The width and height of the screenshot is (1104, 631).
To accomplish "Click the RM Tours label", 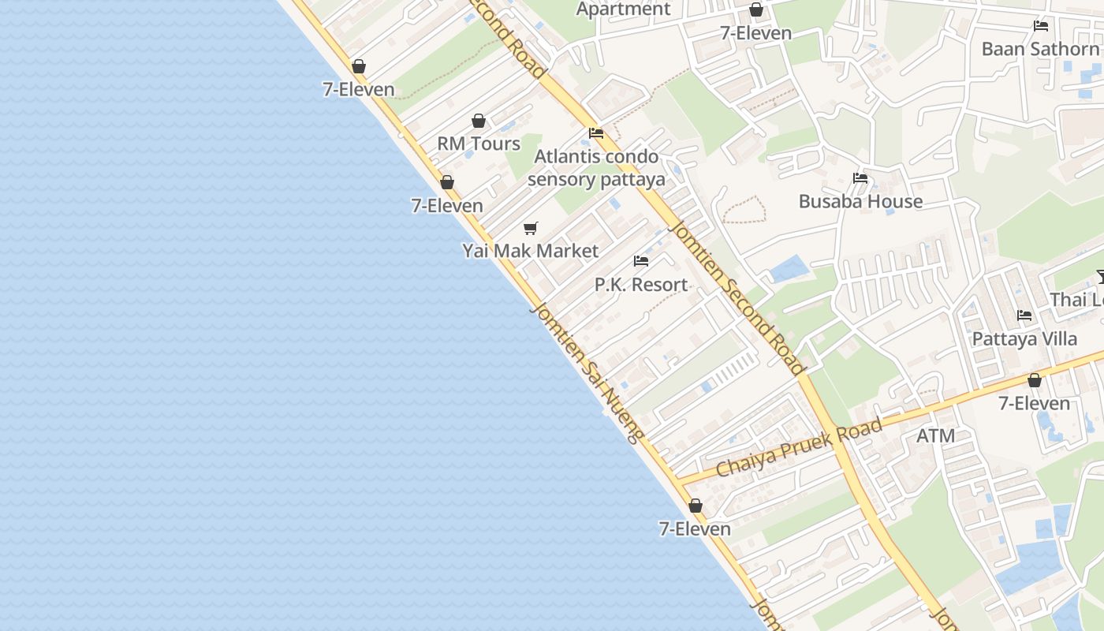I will (x=479, y=144).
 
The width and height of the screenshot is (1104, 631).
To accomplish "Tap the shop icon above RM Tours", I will (x=478, y=121).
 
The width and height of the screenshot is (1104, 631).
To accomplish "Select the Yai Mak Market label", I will (x=530, y=251).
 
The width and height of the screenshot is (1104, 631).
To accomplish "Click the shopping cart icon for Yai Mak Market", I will (x=531, y=228).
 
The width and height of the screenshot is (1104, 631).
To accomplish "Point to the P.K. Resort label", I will (x=640, y=284).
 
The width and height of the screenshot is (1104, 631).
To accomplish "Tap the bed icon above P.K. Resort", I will (x=641, y=261).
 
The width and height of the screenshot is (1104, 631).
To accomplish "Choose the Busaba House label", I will (x=860, y=201).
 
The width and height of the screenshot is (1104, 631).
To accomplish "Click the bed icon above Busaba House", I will (x=860, y=178).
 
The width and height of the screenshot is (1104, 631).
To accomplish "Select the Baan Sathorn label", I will (x=1039, y=49).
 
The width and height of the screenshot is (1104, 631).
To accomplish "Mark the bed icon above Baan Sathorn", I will (x=1041, y=26).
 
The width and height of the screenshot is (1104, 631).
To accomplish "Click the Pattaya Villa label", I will (x=1024, y=338).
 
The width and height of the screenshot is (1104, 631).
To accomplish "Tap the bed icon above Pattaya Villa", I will (x=1024, y=315).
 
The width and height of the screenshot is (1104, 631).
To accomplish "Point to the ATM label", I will (x=935, y=435).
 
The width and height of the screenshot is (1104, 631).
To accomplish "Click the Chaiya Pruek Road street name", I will (x=799, y=448).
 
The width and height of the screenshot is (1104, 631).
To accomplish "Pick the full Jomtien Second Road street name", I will (x=737, y=298).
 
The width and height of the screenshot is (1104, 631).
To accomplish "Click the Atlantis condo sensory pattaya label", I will (x=596, y=167).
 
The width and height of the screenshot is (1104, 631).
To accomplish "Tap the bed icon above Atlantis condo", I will (x=596, y=133).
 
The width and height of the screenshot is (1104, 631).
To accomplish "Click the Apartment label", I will (x=623, y=9).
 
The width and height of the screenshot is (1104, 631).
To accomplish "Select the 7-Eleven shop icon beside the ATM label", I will (x=1035, y=381).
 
